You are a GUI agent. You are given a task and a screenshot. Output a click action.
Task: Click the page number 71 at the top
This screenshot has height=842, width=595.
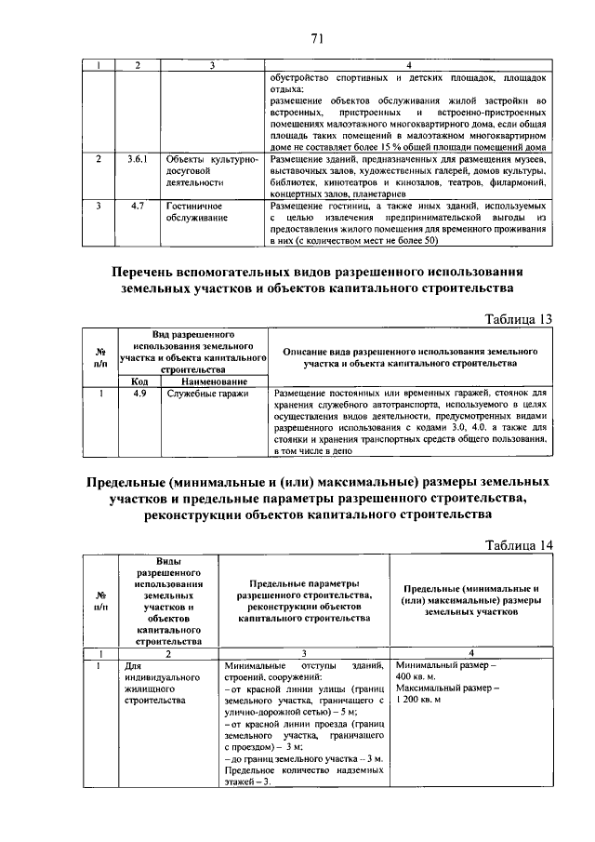point(316,38)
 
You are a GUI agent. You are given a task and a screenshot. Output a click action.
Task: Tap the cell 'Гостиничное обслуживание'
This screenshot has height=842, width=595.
point(193,211)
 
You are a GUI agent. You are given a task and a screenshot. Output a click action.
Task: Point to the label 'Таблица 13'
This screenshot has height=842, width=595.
point(520,319)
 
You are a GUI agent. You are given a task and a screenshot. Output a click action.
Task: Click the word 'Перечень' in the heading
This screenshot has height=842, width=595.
point(152,271)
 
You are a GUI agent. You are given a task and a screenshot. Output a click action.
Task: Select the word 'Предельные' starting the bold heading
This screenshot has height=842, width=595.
point(132,483)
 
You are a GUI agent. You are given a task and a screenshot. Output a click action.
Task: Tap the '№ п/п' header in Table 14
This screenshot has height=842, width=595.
point(100,600)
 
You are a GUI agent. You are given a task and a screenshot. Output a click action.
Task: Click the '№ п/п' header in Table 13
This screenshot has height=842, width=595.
point(100,357)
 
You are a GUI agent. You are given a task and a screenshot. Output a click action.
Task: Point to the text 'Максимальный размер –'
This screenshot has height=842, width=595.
point(447,688)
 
